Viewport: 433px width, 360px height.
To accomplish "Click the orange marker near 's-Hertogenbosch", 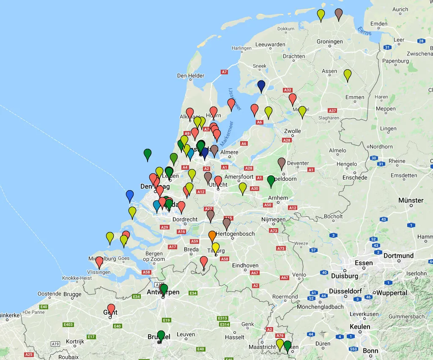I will [212, 236].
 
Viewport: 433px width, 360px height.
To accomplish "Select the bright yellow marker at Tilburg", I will [216, 248].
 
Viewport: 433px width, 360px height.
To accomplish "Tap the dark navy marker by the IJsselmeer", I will [261, 86].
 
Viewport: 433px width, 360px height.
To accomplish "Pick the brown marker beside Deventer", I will [282, 163].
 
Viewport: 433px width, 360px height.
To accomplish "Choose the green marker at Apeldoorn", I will [271, 181].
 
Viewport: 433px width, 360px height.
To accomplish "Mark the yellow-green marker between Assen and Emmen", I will [348, 75].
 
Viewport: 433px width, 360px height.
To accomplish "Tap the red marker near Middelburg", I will [99, 262].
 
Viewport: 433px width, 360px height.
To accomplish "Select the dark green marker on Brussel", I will [161, 335].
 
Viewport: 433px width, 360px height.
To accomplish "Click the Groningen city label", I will [330, 42].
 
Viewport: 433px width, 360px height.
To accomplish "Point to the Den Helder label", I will [190, 76].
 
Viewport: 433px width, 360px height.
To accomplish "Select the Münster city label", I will [411, 200].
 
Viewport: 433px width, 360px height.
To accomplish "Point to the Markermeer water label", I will [227, 134].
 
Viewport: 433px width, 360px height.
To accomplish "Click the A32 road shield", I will [288, 90].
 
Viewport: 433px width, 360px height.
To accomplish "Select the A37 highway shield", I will [332, 111].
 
